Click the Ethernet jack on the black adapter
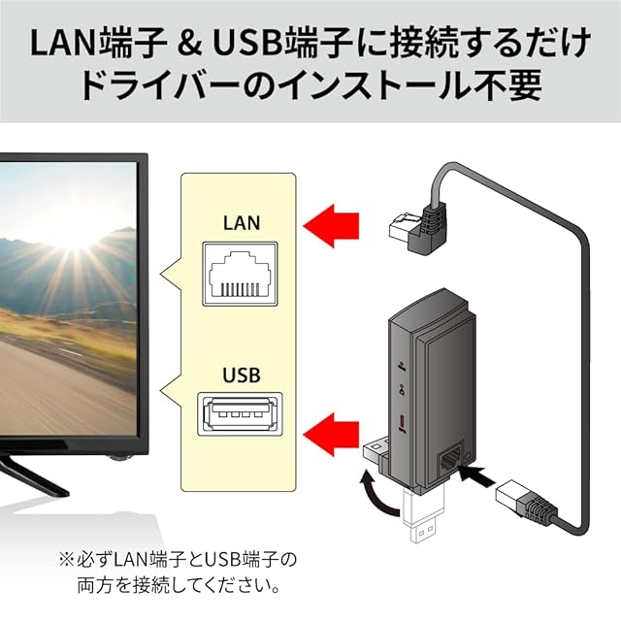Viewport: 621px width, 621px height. (451, 458)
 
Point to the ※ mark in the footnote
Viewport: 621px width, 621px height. (66, 560)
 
